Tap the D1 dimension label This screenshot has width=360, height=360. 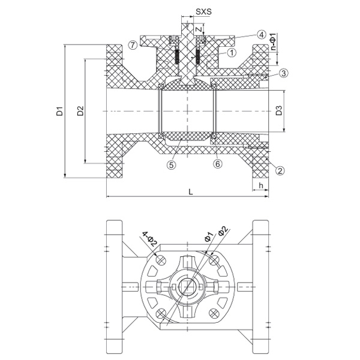click(59, 111)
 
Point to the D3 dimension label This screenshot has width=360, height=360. click(279, 111)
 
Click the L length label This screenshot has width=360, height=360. click(190, 191)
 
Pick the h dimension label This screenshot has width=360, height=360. click(260, 185)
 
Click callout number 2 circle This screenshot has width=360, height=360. click(279, 170)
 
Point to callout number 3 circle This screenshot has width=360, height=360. click(284, 73)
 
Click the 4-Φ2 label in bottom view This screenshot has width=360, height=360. click(149, 239)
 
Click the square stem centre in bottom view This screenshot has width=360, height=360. click(190, 286)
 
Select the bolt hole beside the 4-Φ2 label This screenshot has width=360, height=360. click(160, 259)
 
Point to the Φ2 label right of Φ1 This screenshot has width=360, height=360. click(222, 232)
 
